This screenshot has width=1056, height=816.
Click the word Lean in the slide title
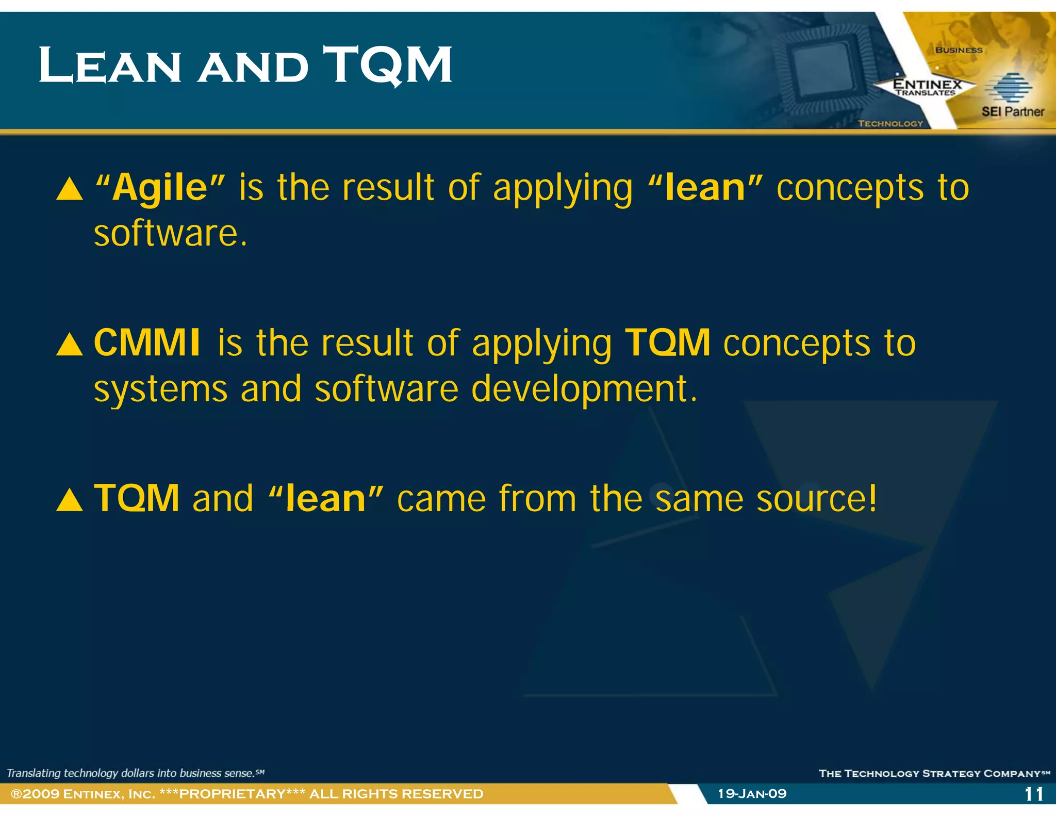point(110,66)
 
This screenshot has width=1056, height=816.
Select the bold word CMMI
point(147,342)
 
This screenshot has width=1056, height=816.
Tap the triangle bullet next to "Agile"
point(70,189)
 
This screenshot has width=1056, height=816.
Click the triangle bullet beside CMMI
point(70,345)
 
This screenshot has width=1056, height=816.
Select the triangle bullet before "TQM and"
point(70,500)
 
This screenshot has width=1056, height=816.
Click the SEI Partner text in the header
point(1012,111)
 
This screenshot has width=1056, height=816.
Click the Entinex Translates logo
point(927,87)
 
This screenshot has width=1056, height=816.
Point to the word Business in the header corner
point(959,50)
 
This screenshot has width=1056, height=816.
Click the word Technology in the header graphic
point(890,123)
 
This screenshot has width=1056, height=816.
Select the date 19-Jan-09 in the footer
point(752,793)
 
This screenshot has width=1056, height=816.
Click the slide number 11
point(1034,794)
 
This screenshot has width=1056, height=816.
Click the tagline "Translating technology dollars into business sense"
point(135,773)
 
